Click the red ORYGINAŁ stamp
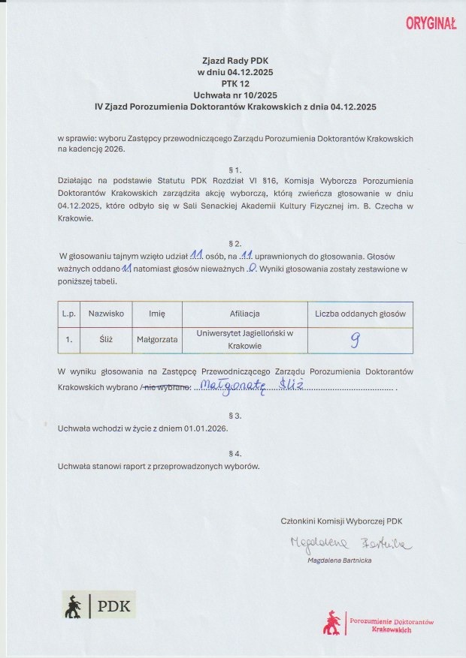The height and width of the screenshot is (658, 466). point(431,24)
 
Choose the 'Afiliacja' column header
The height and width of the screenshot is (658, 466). point(244,313)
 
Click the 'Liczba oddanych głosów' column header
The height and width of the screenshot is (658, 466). point(360,313)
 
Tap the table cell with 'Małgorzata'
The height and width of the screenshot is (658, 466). point(157,339)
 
